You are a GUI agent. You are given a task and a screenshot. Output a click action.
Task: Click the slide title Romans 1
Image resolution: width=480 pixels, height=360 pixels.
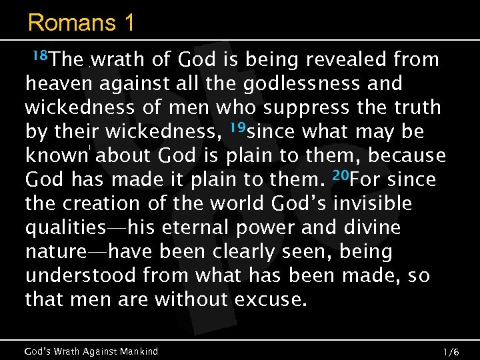(x=81, y=23)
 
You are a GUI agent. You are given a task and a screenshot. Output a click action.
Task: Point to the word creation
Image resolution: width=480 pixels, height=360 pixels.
(x=102, y=204)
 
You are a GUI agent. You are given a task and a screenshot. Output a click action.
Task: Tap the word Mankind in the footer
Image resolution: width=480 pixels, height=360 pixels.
(x=137, y=351)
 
